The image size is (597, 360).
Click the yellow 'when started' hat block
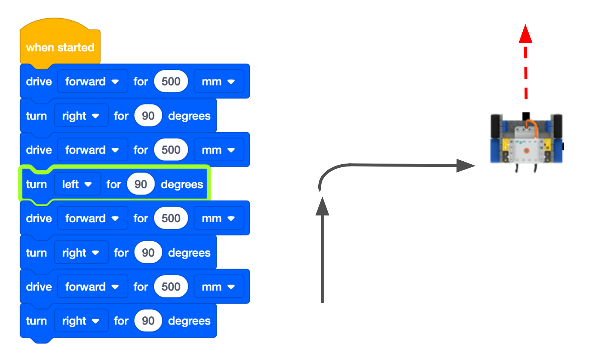point(60,47)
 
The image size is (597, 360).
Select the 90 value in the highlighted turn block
point(140,184)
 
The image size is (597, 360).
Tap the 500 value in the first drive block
point(171,81)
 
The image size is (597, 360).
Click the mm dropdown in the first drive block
point(218,81)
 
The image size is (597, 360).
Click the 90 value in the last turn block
point(148,321)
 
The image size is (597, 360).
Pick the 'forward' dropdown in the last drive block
point(92,287)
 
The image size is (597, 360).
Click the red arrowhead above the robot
point(525,34)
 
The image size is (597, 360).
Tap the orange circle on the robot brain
point(526,151)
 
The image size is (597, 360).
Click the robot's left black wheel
point(496,127)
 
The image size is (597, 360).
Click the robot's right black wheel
point(557,127)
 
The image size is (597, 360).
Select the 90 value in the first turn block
point(148,116)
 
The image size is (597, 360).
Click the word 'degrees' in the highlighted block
point(182,184)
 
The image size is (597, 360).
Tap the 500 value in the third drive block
point(171,218)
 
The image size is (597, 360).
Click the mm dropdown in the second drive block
point(218,150)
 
